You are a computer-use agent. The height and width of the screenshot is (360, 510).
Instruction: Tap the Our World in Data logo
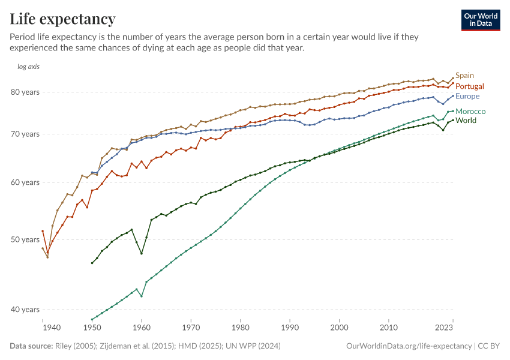click(480, 20)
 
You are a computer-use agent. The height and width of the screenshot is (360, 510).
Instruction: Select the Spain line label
click(464, 76)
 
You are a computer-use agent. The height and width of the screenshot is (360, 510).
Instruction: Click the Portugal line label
click(470, 86)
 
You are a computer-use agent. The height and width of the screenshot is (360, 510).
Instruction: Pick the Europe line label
click(467, 96)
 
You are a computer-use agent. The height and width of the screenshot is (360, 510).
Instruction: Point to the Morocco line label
click(470, 112)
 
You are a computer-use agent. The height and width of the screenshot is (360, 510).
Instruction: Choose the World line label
click(466, 121)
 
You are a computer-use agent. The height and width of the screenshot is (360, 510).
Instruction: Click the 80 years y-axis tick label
click(25, 92)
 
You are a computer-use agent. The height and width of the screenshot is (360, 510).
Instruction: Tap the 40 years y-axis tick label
click(25, 310)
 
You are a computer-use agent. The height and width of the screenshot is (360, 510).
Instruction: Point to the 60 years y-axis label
click(25, 182)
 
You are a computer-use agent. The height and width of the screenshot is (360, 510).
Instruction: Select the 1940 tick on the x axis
click(52, 328)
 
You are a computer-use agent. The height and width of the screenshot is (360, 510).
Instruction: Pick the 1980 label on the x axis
click(241, 328)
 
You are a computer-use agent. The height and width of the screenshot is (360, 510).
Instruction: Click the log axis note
click(28, 67)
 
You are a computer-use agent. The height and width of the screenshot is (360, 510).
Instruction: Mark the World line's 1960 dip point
click(142, 253)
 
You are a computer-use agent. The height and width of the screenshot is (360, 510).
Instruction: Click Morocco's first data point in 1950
click(92, 319)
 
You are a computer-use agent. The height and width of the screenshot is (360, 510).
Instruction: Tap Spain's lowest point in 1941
click(47, 257)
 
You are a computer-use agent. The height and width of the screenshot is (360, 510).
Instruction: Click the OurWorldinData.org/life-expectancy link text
click(409, 346)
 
